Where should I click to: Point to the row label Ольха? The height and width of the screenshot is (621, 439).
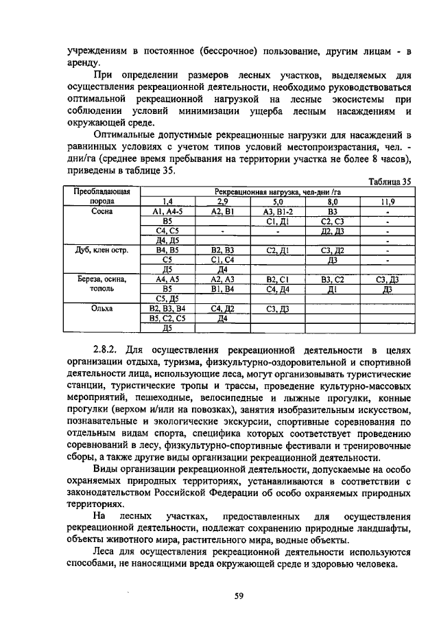(x=102, y=309)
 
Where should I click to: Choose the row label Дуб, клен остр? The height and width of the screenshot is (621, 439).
(x=102, y=251)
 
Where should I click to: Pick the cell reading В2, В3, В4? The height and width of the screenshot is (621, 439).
(x=167, y=309)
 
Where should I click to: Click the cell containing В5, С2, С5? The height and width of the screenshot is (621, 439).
(x=167, y=318)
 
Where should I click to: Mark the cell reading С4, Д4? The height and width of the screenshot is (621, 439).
(x=277, y=290)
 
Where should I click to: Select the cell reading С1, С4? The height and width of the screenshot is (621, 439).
(x=222, y=261)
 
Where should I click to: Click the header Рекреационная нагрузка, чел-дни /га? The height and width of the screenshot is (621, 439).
(x=277, y=193)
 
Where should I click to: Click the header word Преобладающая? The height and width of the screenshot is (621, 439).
(x=102, y=193)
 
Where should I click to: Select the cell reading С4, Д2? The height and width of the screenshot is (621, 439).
(x=222, y=309)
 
